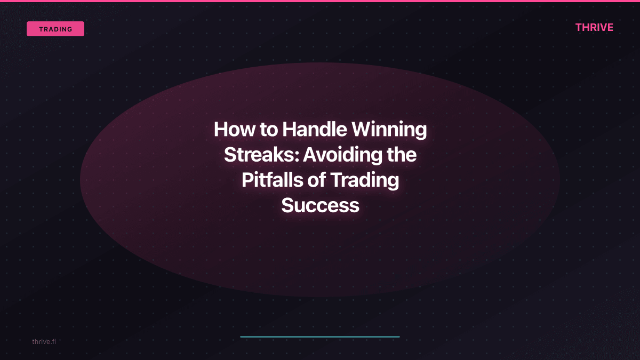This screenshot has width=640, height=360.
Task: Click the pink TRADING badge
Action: [55, 29]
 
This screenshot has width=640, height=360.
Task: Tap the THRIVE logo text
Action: [594, 28]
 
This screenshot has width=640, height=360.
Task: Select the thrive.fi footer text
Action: [44, 341]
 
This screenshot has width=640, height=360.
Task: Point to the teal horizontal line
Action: [320, 337]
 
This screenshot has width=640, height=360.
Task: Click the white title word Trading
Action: [365, 181]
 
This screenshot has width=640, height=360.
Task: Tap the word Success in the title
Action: [320, 206]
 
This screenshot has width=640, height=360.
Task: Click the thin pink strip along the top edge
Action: [320, 1]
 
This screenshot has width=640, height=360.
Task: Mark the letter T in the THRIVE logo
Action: [579, 28]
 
